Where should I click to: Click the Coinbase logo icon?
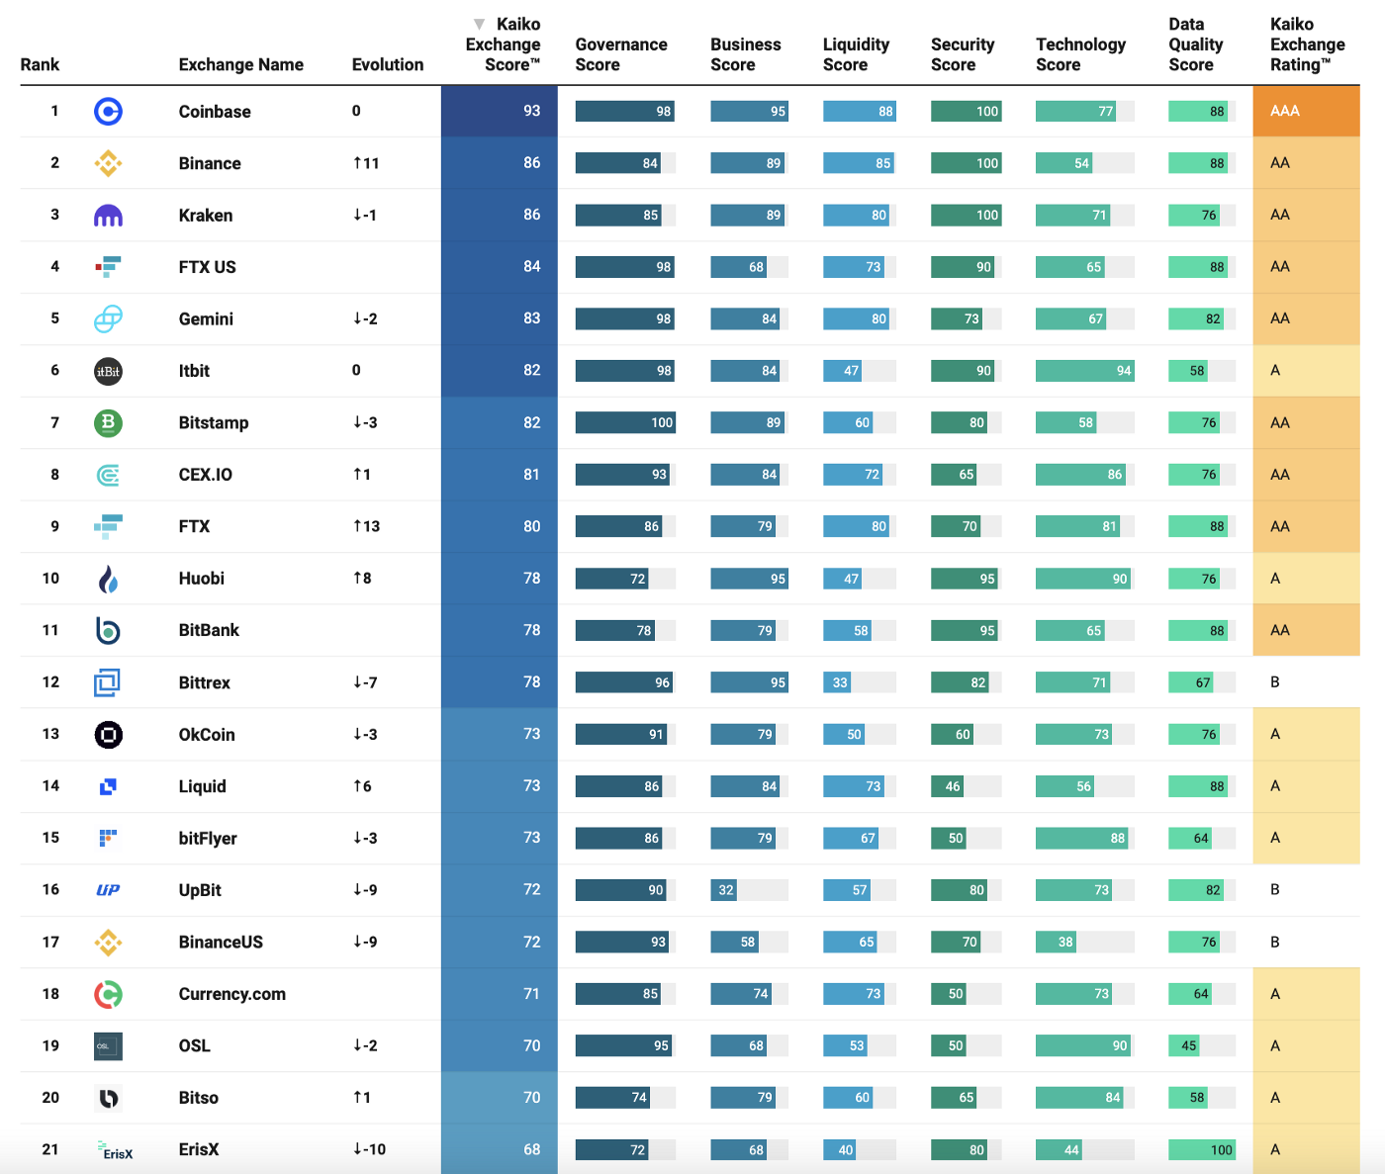coord(108,112)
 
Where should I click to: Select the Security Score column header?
coord(962,54)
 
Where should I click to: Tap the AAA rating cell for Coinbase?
coord(1305,111)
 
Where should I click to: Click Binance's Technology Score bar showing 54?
coord(1063,163)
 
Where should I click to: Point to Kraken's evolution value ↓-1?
coord(364,215)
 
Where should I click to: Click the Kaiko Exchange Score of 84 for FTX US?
coord(531,266)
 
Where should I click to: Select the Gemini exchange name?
coord(206,318)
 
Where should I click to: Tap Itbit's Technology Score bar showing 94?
coord(1084,371)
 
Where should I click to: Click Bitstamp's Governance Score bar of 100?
coord(624,422)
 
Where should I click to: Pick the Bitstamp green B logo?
coord(108,423)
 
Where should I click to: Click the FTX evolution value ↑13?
coord(366,526)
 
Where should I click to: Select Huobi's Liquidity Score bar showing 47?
coord(843,579)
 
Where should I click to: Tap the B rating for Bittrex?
coord(1275,682)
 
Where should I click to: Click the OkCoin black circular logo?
coord(108,735)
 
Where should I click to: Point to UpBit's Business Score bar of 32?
coord(724,890)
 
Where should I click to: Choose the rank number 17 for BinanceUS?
coord(50,942)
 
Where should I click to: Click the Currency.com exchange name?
coord(231,994)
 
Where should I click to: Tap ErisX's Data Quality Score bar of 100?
coord(1202,1149)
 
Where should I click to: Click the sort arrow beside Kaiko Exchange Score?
coord(479,24)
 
